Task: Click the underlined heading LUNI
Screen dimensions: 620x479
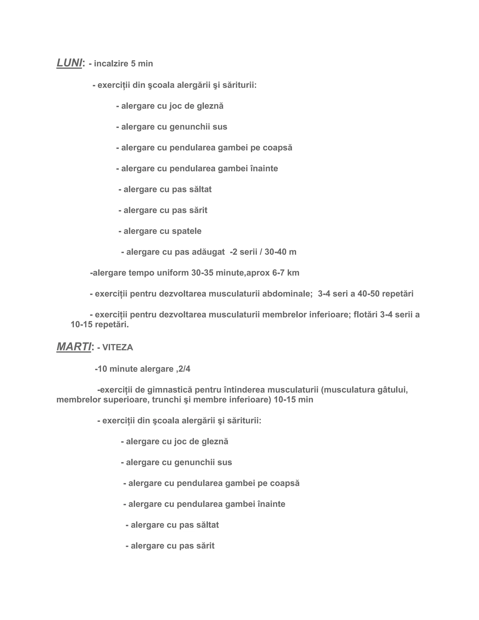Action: (x=69, y=63)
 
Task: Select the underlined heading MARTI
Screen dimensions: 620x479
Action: (x=74, y=347)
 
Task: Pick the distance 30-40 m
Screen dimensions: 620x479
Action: (x=280, y=252)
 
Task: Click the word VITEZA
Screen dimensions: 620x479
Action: (x=118, y=347)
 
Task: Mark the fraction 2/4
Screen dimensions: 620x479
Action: (x=185, y=369)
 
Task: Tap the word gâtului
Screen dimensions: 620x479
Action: (x=393, y=390)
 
